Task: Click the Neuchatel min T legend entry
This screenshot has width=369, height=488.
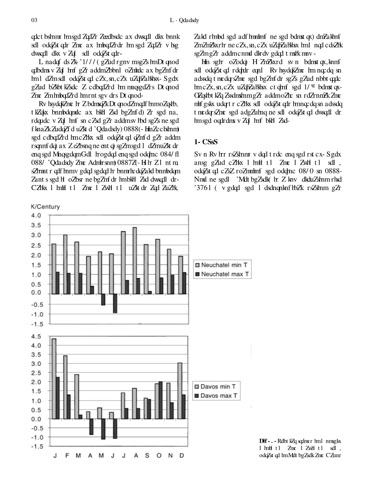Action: pyautogui.click(x=222, y=265)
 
